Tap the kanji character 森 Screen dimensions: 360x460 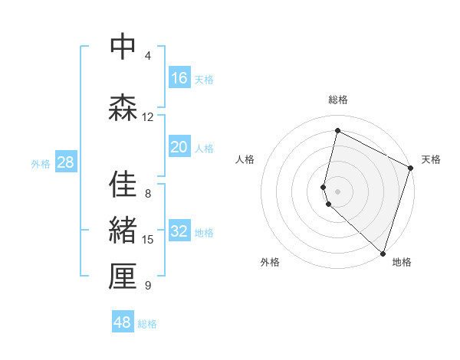123,107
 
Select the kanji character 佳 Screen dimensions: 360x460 123,184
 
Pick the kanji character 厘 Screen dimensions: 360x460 123,277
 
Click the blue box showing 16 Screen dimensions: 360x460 179,78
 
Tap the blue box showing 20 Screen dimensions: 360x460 179,148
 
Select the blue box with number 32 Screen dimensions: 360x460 179,232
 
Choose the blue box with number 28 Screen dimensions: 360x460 64,162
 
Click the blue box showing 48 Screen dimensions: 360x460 123,322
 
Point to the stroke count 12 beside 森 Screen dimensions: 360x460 148,116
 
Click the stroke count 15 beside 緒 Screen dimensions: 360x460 148,240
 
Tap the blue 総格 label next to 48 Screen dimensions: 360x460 147,324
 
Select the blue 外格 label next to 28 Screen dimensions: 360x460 41,163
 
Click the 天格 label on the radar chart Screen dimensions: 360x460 431,159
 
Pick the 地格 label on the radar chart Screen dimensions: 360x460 402,262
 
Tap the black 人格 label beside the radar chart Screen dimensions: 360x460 245,159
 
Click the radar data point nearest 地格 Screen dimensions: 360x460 382,254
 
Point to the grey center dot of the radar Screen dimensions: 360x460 337,191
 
